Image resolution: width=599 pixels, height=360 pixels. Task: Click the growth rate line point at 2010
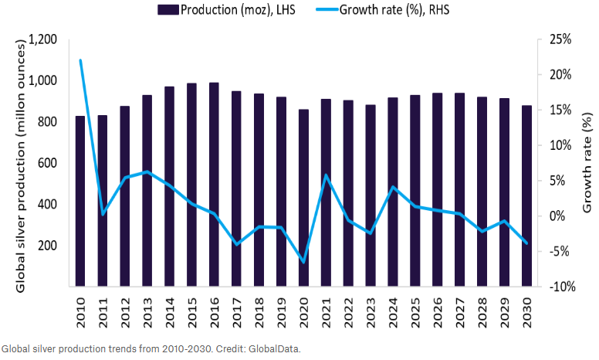click(x=80, y=60)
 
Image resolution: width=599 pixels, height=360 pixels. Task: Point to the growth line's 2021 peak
click(x=326, y=175)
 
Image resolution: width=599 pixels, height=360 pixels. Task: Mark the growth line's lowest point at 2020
click(x=303, y=262)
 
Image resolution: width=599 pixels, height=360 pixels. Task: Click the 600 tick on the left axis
click(x=46, y=163)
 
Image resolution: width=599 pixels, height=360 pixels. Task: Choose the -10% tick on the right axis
click(x=560, y=287)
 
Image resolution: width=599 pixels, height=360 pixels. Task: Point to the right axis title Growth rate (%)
click(x=587, y=164)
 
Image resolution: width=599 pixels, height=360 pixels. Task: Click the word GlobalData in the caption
click(x=276, y=348)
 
